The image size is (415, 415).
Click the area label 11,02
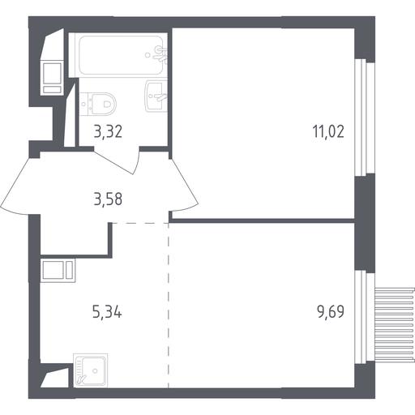pos(328,132)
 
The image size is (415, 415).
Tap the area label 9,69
pos(331,312)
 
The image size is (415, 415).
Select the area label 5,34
pos(107,312)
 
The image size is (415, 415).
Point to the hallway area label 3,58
pos(108,199)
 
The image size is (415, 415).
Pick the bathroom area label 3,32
pos(108,132)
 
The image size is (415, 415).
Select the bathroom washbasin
pos(156,96)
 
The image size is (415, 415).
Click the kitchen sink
pos(90,370)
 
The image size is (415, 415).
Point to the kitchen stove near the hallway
pos(58,270)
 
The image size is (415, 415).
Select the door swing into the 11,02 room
pos(185,186)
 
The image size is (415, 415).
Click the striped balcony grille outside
pos(395,324)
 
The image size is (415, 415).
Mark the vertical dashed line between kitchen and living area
pos(169,306)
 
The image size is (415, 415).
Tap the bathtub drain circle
pos(148,55)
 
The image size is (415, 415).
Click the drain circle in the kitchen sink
pos(95,371)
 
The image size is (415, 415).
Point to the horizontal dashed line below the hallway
pos(140,223)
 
